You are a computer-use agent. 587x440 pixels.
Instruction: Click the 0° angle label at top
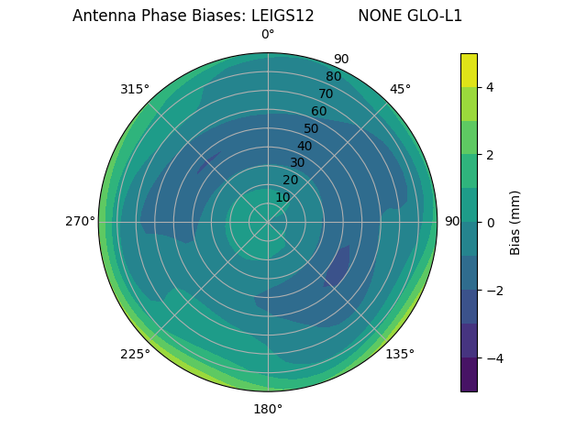(268, 35)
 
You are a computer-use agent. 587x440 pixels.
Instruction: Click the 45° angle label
(400, 89)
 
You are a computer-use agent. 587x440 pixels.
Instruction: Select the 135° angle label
(400, 354)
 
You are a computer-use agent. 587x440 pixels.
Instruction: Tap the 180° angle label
(268, 409)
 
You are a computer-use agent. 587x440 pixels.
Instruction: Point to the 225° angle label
(135, 354)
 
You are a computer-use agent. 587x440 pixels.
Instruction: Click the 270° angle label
(80, 221)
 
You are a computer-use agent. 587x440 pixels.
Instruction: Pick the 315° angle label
(135, 89)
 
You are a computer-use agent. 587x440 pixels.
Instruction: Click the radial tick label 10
(282, 197)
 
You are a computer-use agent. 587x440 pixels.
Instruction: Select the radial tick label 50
(312, 128)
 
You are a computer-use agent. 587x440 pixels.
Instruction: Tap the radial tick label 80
(333, 77)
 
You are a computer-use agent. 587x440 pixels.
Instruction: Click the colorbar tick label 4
(490, 87)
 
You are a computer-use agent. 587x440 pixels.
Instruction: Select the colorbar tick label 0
(490, 222)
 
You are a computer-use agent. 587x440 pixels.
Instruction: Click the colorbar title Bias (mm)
(515, 222)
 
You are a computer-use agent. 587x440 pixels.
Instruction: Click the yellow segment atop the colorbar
(469, 70)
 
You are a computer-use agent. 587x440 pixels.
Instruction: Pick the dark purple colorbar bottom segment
(469, 374)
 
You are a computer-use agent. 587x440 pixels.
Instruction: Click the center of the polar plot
(268, 221)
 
